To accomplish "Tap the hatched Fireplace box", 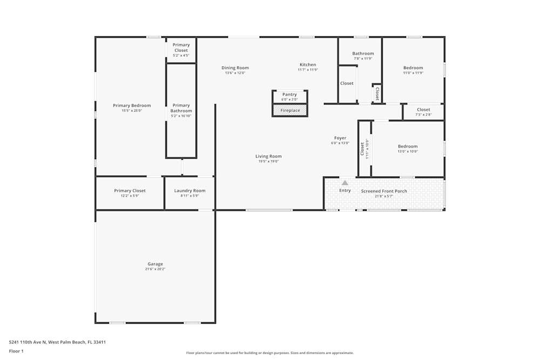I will pyautogui.click(x=290, y=111).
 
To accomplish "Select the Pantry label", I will pyautogui.click(x=289, y=94).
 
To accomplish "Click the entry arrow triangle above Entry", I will pyautogui.click(x=345, y=183).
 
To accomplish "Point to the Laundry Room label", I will pyautogui.click(x=190, y=191).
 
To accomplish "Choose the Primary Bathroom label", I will pyautogui.click(x=181, y=108).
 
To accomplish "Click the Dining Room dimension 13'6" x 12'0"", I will pyautogui.click(x=235, y=73).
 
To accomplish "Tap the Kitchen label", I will pyautogui.click(x=308, y=65).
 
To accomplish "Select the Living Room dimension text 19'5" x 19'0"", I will pyautogui.click(x=268, y=161).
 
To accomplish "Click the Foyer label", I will pyautogui.click(x=340, y=138).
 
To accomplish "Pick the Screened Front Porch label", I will pyautogui.click(x=384, y=191).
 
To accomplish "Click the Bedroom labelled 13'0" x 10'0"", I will pyautogui.click(x=408, y=146).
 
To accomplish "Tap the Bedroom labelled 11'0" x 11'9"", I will pyautogui.click(x=413, y=68).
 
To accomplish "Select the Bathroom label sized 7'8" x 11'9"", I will pyautogui.click(x=363, y=53).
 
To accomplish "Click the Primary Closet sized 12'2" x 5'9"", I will pyautogui.click(x=130, y=191).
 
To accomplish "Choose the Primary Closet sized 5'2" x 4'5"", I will pyautogui.click(x=181, y=47).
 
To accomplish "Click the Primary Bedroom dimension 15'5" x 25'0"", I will pyautogui.click(x=132, y=111).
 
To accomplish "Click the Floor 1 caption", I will pyautogui.click(x=16, y=351).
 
